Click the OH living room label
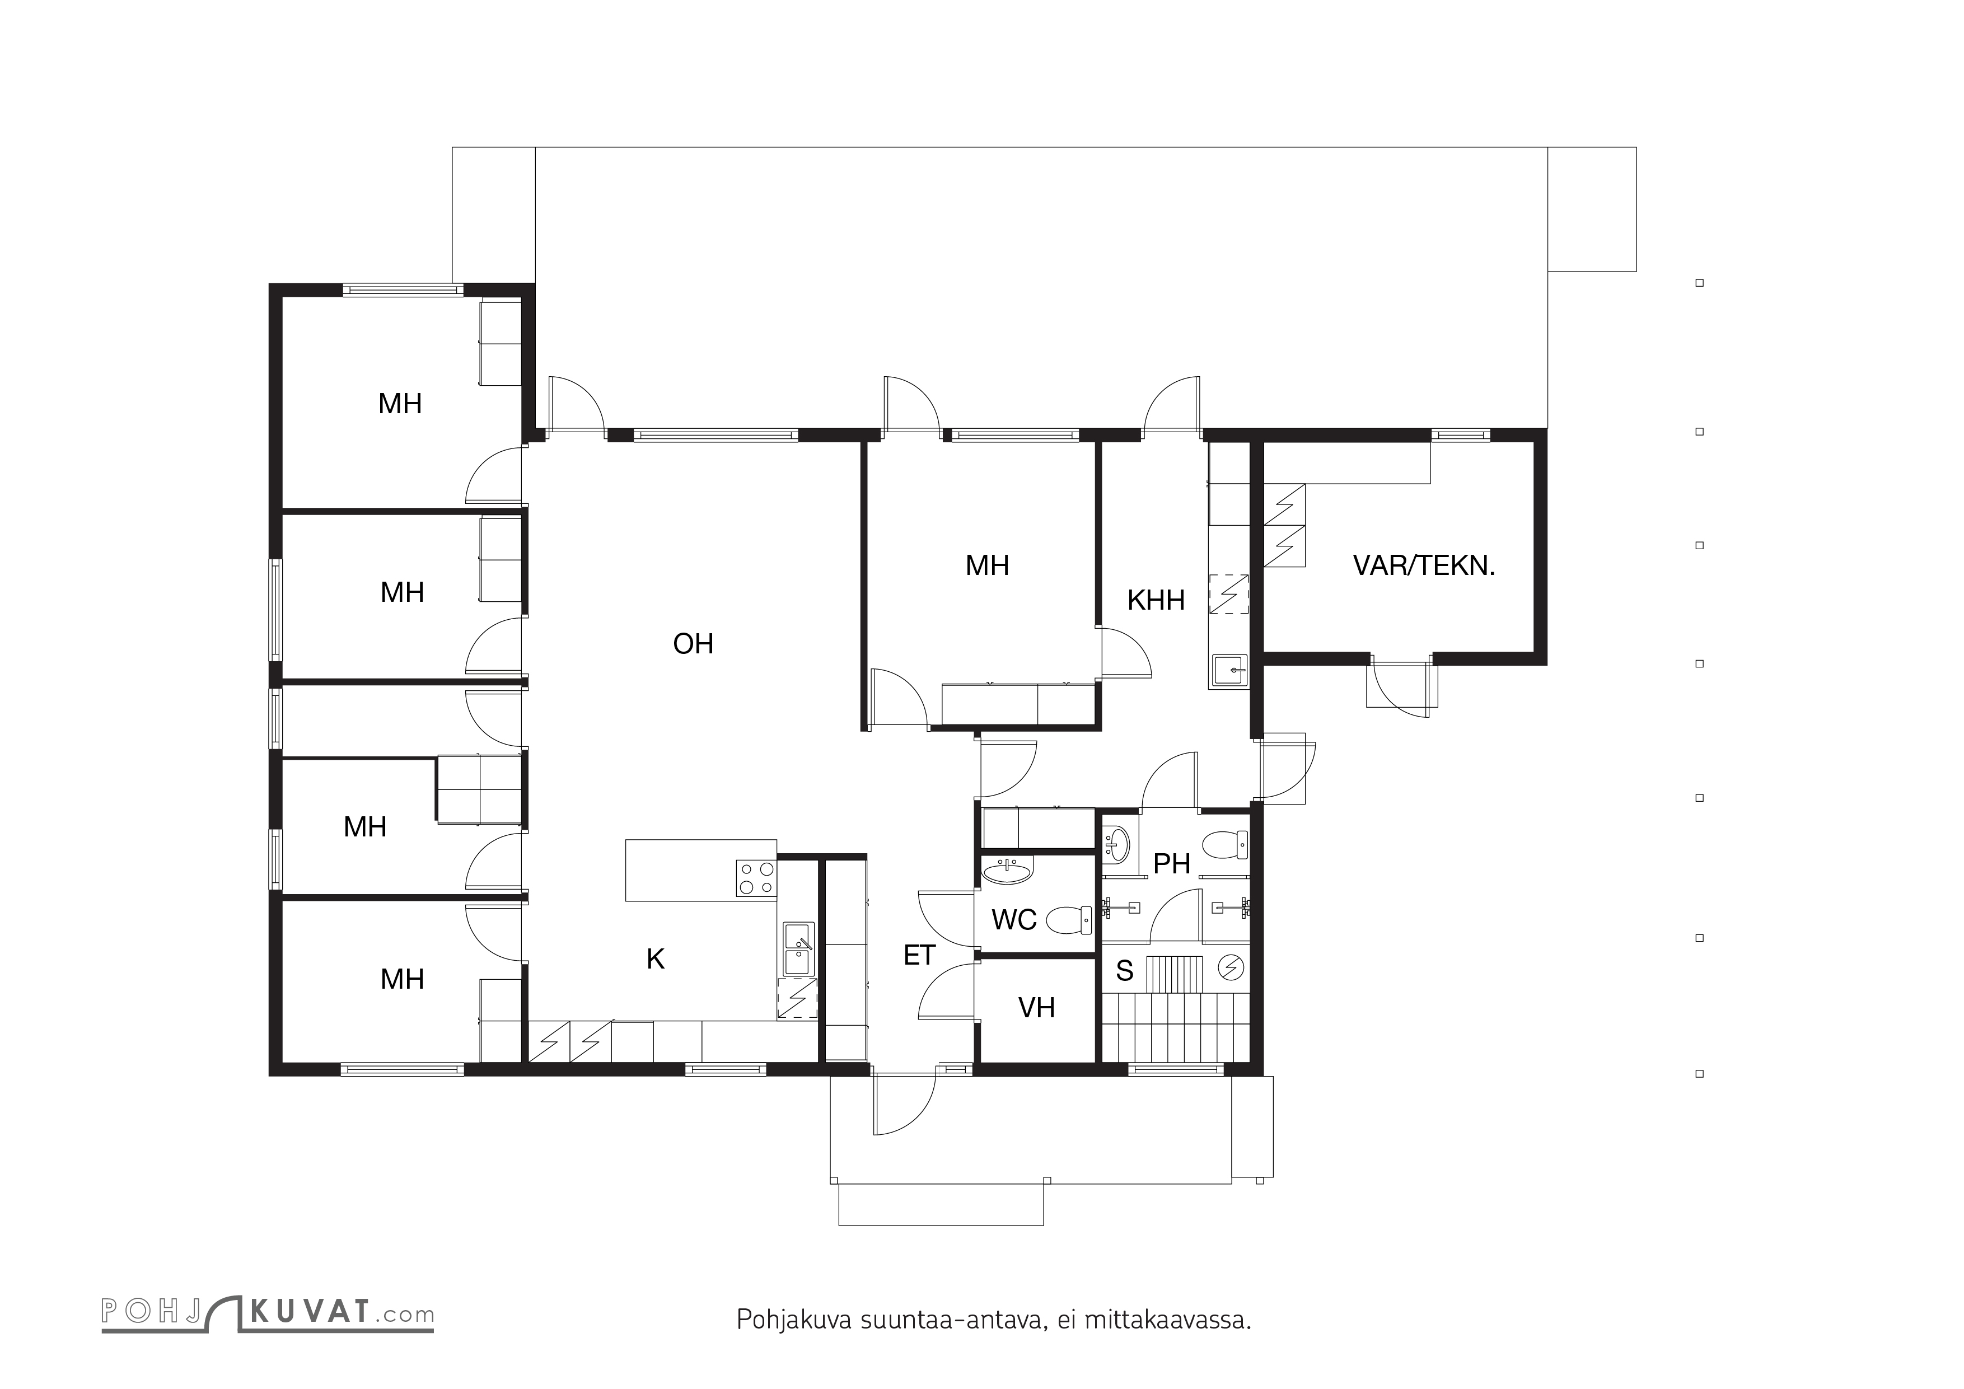pos(693,643)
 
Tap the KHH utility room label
pos(1156,600)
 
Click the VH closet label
pos(1036,1008)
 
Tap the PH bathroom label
pos(1172,864)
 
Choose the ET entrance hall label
pos(919,955)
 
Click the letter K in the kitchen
pos(655,959)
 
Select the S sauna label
pos(1125,971)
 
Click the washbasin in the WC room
pos(1008,870)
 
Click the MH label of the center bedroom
pos(987,565)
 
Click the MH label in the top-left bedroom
pos(400,404)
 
